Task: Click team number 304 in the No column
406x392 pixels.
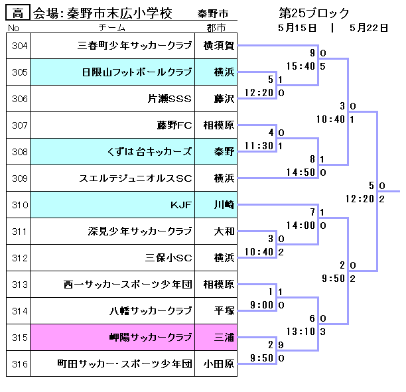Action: pyautogui.click(x=20, y=46)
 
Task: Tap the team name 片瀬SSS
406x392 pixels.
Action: pyautogui.click(x=170, y=99)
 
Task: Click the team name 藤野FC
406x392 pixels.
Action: pyautogui.click(x=174, y=125)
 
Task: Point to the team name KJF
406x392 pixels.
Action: pyautogui.click(x=180, y=205)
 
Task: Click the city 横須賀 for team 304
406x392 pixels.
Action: pyautogui.click(x=219, y=46)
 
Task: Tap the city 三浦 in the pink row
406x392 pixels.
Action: pyautogui.click(x=224, y=338)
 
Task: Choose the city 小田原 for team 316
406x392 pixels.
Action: pyautogui.click(x=219, y=364)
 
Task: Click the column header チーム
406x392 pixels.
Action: pyautogui.click(x=112, y=28)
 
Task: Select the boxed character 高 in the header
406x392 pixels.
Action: pyautogui.click(x=18, y=13)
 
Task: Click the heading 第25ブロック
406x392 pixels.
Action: pyautogui.click(x=314, y=13)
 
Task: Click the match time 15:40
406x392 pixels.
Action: pyautogui.click(x=301, y=66)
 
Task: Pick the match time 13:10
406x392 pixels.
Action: pyautogui.click(x=301, y=332)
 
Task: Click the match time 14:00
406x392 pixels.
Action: pyautogui.click(x=301, y=226)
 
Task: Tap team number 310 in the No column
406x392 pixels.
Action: pyautogui.click(x=20, y=205)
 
